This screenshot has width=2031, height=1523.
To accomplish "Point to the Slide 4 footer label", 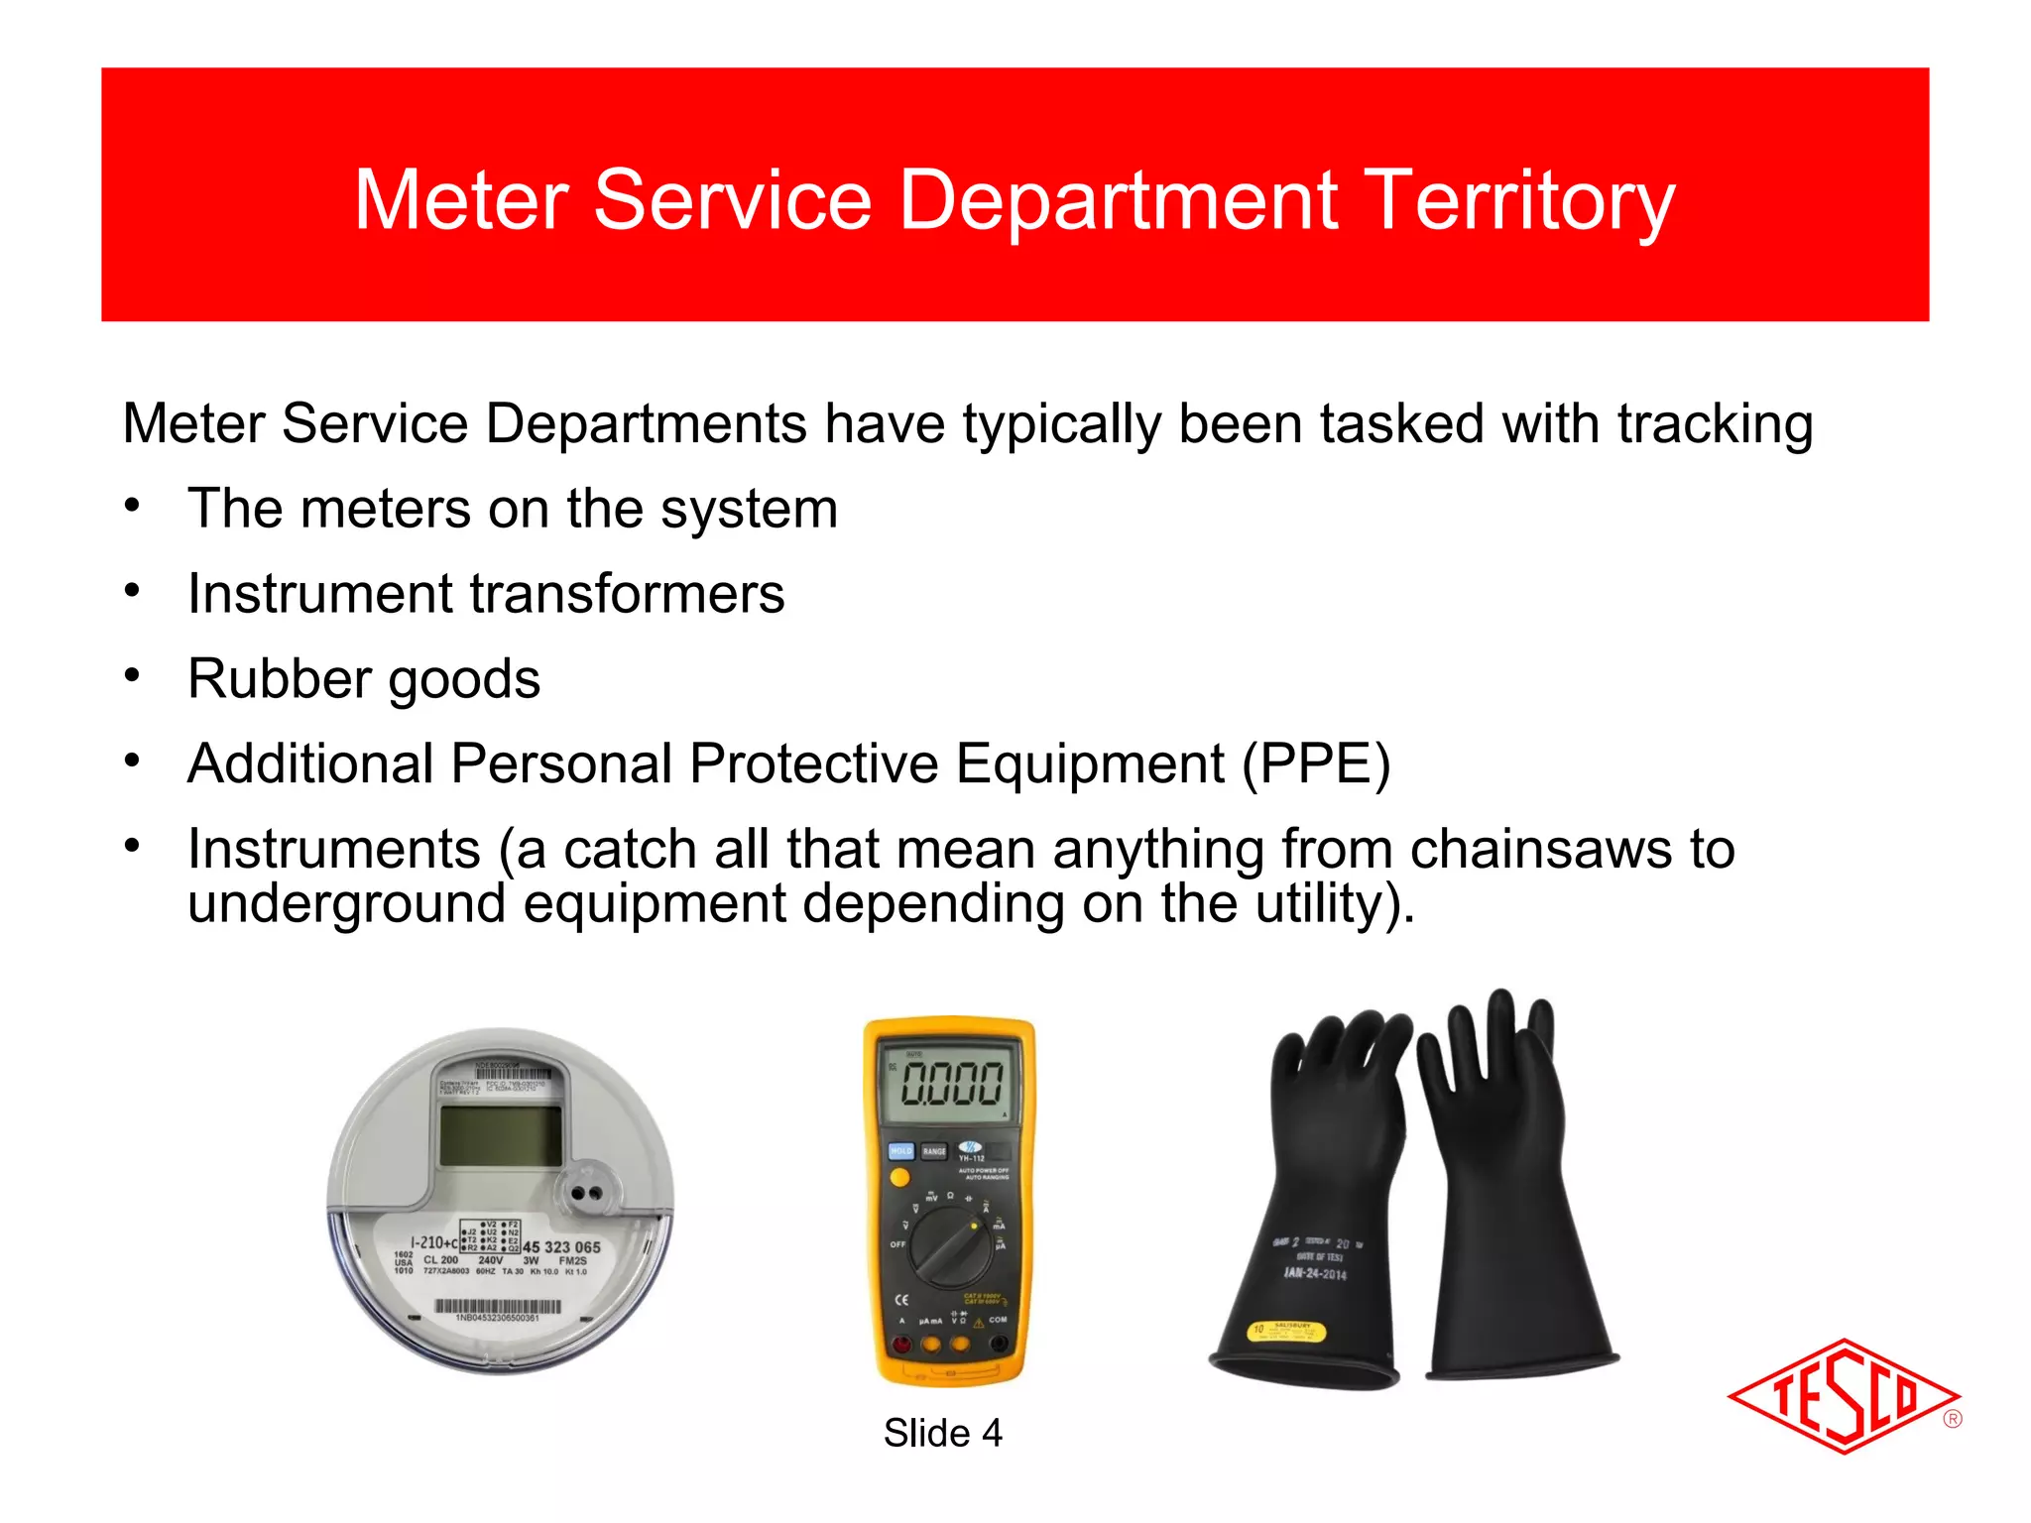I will (x=942, y=1433).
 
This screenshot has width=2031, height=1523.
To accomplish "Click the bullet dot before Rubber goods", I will (x=132, y=676).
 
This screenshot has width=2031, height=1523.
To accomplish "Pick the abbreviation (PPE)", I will (x=1317, y=764).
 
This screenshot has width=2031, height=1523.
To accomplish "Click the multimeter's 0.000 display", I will (x=951, y=1082).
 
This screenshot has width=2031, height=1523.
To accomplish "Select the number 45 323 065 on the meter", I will (x=561, y=1246).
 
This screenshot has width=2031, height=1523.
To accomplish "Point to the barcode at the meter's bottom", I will (x=497, y=1307).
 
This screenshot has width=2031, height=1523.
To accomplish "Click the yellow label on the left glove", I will (x=1286, y=1331).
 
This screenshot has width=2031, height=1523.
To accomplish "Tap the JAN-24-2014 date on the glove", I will (x=1315, y=1273).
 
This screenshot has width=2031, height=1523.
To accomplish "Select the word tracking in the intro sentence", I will (x=1715, y=424).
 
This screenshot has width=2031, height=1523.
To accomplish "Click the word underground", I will (x=346, y=904).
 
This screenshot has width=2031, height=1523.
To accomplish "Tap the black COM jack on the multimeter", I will (x=999, y=1344).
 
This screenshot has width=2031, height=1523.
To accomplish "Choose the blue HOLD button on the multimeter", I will (x=900, y=1151).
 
